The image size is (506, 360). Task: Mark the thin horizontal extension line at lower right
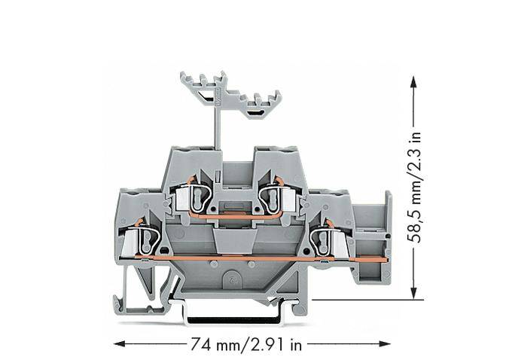361,300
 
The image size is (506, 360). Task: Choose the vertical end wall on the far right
388,237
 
